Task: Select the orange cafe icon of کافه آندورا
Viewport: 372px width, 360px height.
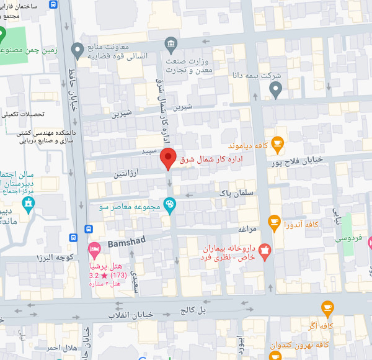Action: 274,222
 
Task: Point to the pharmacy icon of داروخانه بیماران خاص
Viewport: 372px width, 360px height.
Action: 265,251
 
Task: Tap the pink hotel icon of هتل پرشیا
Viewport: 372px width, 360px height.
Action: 95,251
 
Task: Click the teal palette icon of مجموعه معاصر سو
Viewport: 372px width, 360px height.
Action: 169,206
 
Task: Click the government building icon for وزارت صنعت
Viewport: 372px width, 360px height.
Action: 170,44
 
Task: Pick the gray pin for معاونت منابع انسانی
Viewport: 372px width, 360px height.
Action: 77,49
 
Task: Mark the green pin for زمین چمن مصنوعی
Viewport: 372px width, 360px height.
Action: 3,33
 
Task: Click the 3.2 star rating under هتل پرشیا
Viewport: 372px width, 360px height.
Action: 99,274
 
